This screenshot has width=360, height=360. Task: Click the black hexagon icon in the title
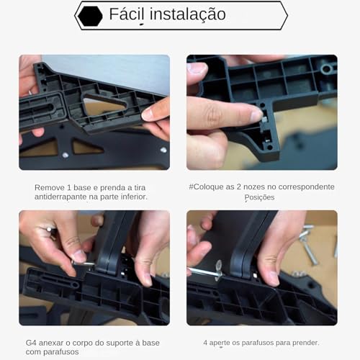pos(90,16)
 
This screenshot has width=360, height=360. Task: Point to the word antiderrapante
pos(63,197)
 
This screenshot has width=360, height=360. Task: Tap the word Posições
pos(259,197)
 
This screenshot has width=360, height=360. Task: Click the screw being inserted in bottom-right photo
pos(209,272)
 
